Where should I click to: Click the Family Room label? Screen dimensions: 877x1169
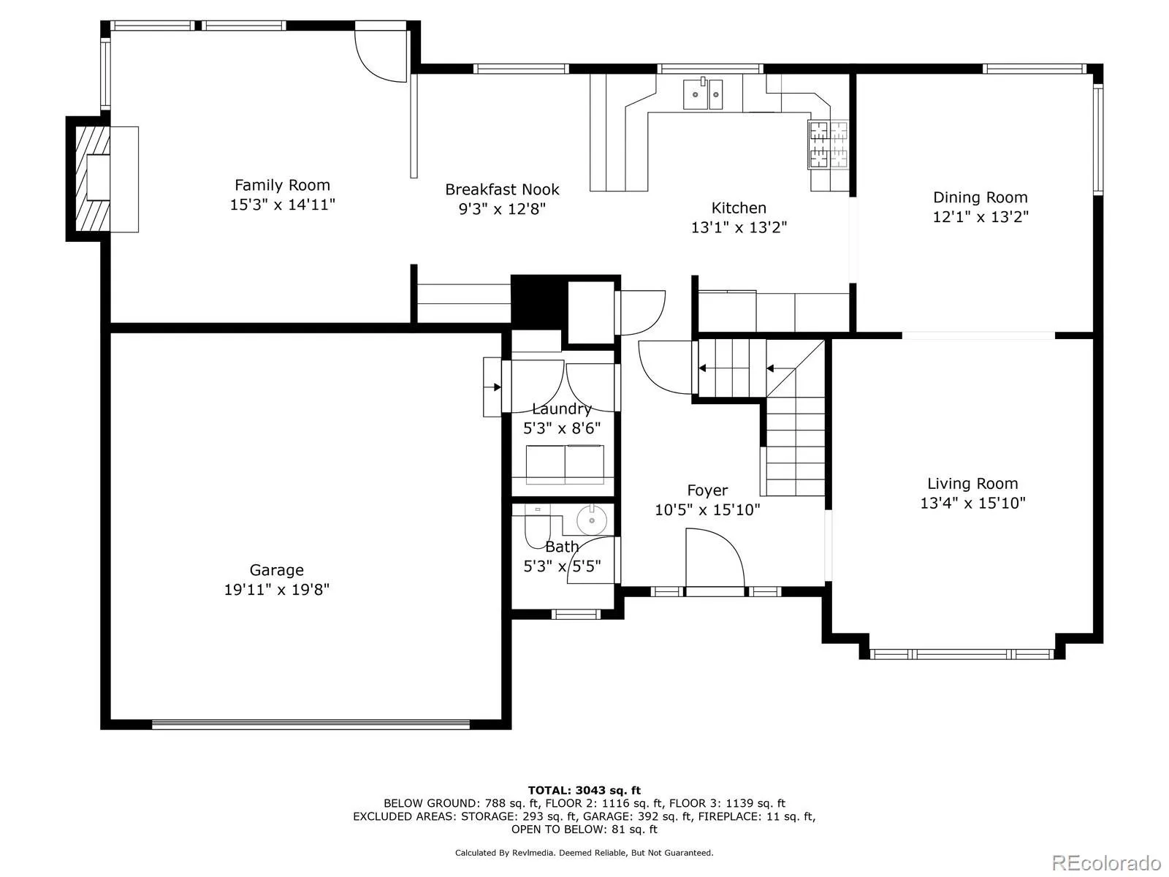pos(282,185)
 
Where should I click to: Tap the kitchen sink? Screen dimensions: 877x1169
pos(703,94)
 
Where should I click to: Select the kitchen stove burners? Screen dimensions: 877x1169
pos(828,143)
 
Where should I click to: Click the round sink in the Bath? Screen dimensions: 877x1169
pos(592,520)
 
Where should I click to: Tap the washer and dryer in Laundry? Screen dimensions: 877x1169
pos(565,463)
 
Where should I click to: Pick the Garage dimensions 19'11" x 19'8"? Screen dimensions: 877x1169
pos(276,589)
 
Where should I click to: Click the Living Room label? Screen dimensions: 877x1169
pos(972,483)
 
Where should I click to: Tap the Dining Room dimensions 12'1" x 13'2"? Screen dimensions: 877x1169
pos(980,216)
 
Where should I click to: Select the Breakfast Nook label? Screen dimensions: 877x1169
pos(502,189)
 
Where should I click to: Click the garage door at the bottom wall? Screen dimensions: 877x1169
pos(311,725)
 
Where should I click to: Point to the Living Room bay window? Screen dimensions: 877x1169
pos(962,653)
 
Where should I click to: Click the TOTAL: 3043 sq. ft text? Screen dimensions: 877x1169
pos(584,790)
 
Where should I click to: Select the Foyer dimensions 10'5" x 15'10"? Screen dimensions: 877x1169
pos(707,509)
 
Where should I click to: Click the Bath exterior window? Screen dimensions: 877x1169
pos(575,614)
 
